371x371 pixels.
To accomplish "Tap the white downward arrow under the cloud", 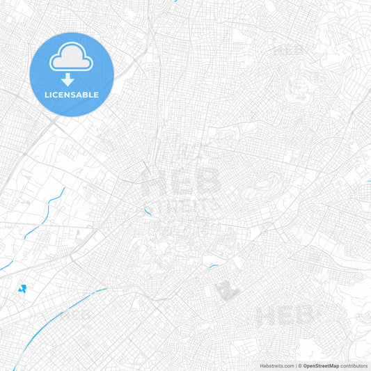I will point(68,80).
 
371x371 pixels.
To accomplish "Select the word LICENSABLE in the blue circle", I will point(72,95).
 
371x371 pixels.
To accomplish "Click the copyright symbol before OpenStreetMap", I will point(299,365).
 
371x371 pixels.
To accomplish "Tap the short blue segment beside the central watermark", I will point(148,210).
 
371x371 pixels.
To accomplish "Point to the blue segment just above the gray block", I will point(213,265).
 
